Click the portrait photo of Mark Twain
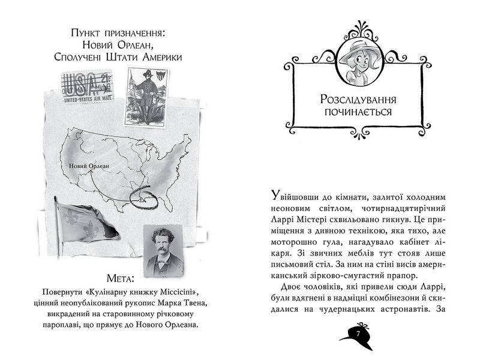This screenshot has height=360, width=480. coord(163,248)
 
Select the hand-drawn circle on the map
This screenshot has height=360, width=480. coord(146,200)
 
